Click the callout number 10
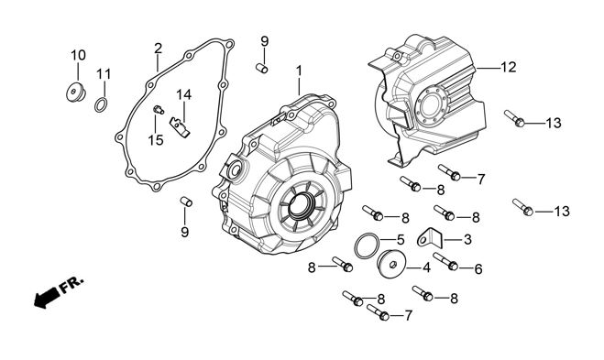[x=78, y=56]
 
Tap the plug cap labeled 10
[x=75, y=93]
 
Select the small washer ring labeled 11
[x=101, y=104]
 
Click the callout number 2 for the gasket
[x=158, y=49]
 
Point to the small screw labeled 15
[x=159, y=110]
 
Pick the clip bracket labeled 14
[x=180, y=126]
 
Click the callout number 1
[x=299, y=71]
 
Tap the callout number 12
[x=509, y=67]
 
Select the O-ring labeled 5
[x=367, y=246]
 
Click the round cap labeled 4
[x=391, y=264]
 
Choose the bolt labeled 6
[x=445, y=261]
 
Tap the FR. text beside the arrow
[x=71, y=284]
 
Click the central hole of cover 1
[x=300, y=205]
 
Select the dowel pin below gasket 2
[x=186, y=202]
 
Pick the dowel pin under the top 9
[x=262, y=68]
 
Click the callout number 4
[x=426, y=267]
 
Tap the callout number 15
[x=156, y=140]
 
